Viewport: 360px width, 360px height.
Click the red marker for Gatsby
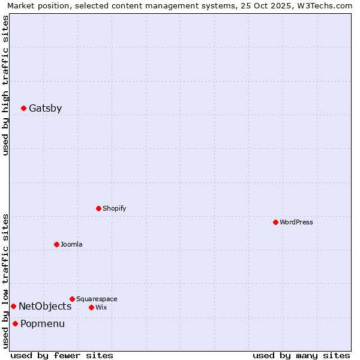click(23, 109)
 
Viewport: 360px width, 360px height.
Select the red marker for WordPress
click(275, 222)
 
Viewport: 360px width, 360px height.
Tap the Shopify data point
click(98, 209)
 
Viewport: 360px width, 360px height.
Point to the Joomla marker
click(56, 244)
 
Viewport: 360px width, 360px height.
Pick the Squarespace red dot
click(72, 299)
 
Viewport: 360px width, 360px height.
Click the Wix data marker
click(91, 307)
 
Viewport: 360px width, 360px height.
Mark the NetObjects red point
click(13, 306)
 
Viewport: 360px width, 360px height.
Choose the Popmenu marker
click(15, 324)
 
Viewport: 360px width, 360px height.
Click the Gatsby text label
click(45, 109)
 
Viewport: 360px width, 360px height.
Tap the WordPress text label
click(296, 222)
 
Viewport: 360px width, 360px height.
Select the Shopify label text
click(114, 209)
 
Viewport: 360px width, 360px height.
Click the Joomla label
click(71, 244)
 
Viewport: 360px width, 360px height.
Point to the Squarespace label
click(97, 299)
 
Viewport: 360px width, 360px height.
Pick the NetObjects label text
click(45, 306)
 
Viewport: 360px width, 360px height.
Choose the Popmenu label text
click(43, 324)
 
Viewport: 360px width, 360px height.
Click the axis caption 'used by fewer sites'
click(62, 355)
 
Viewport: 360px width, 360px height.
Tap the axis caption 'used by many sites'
click(301, 355)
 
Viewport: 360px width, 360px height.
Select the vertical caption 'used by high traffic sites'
click(5, 85)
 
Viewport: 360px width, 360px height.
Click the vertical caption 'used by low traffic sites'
click(5, 281)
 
